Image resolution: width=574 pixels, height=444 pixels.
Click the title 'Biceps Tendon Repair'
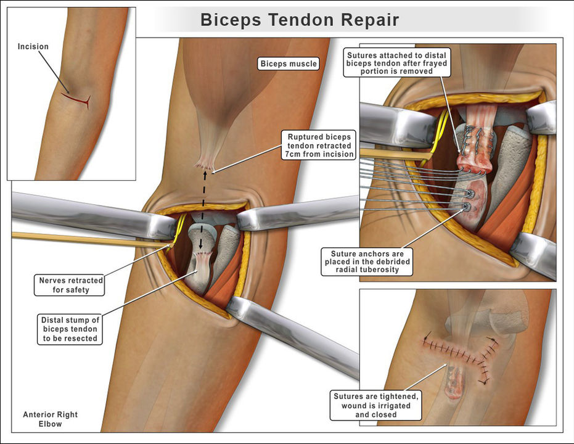300,20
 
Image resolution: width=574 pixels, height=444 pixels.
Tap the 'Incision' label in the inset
33,46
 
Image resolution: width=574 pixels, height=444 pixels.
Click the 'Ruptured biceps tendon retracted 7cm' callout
318,145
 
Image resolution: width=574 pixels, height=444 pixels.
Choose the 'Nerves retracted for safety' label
68,285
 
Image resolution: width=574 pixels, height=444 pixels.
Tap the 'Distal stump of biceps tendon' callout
68,329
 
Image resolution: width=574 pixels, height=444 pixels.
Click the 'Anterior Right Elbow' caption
51,419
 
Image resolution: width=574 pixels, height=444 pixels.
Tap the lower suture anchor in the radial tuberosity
466,207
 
